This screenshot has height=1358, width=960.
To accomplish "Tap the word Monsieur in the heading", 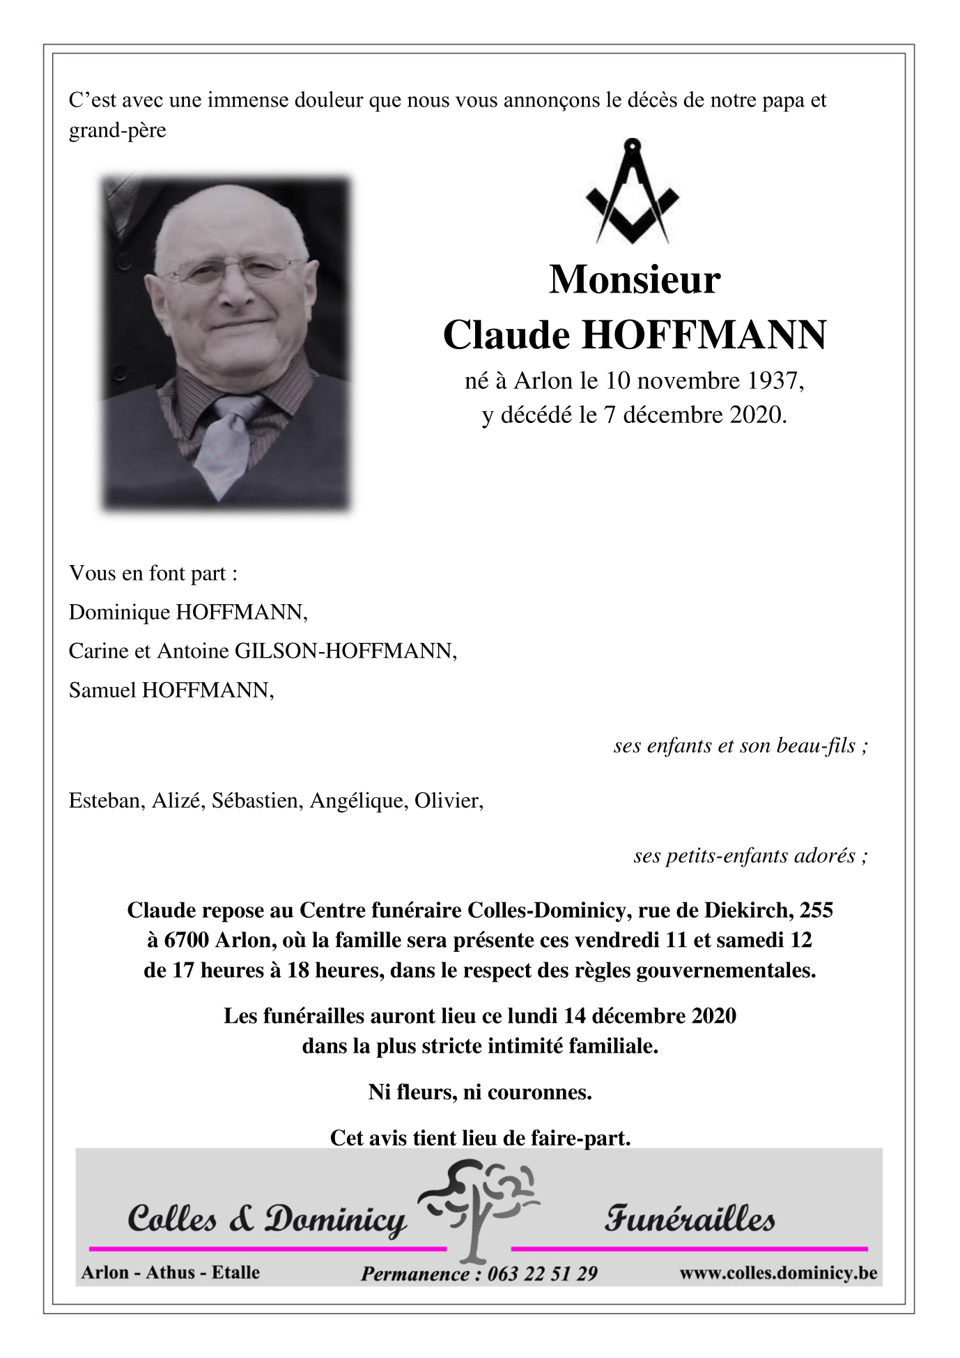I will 635,280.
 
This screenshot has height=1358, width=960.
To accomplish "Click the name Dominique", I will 119,612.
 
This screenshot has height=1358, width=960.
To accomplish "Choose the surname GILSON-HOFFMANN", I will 345,651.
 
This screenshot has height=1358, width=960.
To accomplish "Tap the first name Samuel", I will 102,690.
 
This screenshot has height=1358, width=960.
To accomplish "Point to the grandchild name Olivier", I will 448,801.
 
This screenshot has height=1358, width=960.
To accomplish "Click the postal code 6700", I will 186,941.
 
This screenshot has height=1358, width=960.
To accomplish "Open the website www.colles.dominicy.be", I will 777,1272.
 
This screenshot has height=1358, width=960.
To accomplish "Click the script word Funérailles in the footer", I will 689,1219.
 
